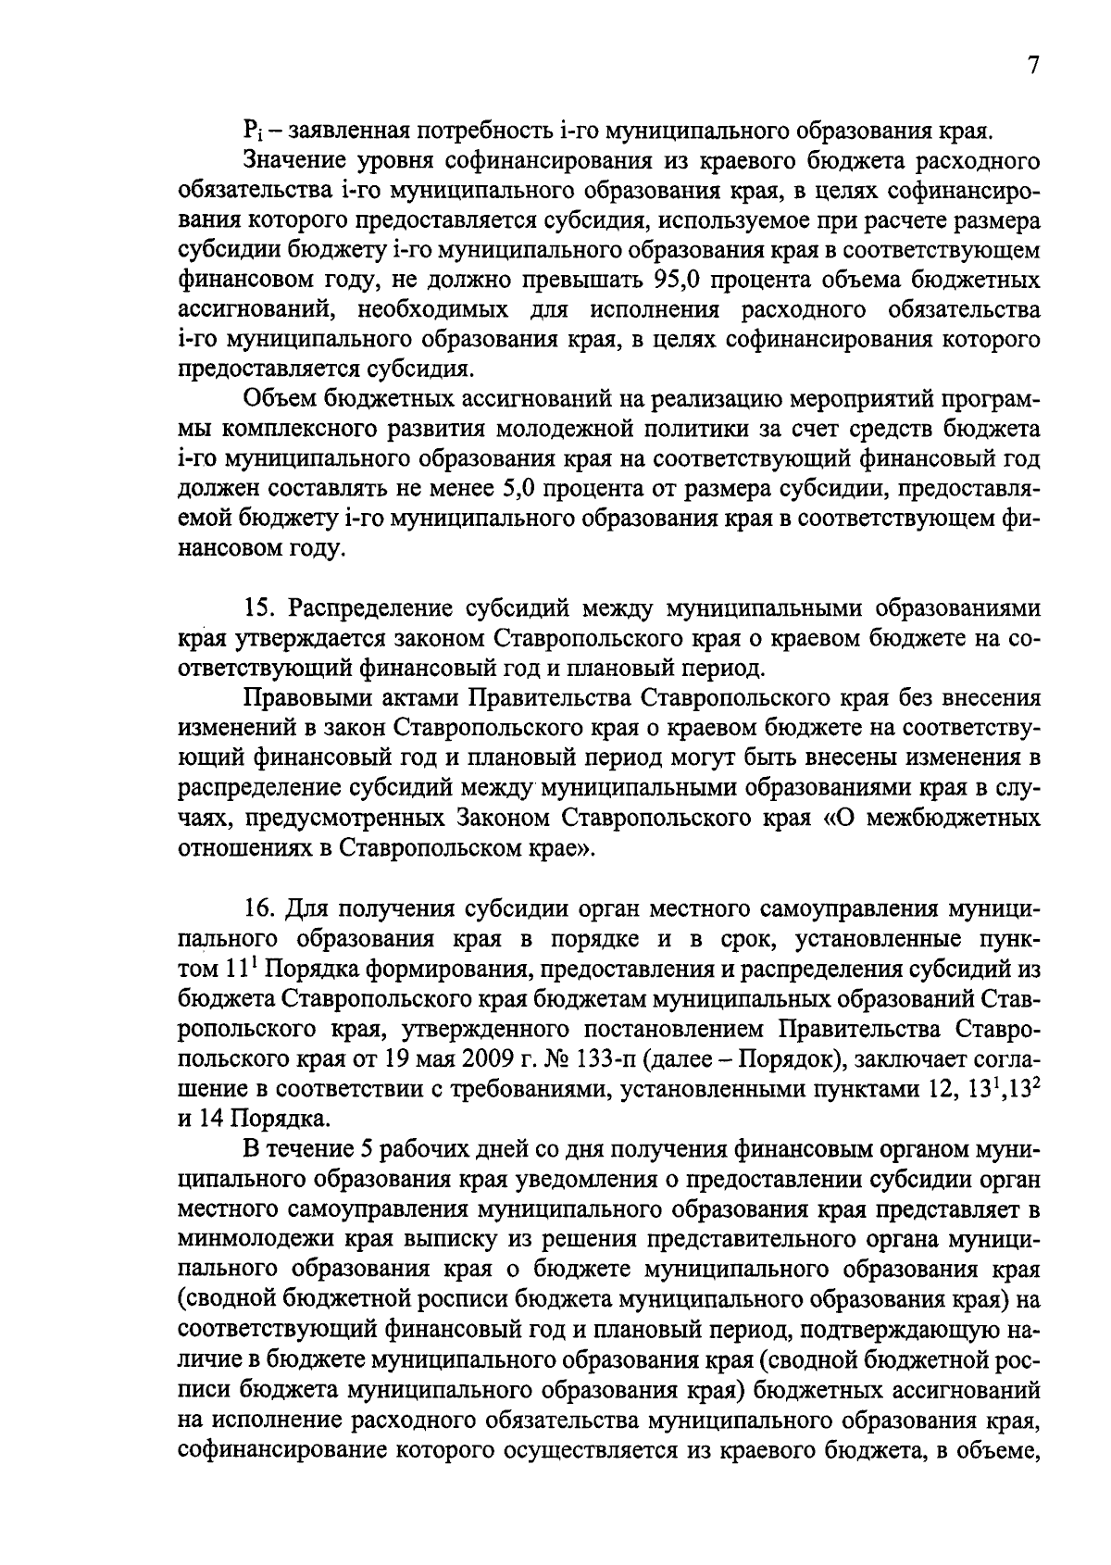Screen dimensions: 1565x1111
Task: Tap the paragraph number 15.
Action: coord(259,609)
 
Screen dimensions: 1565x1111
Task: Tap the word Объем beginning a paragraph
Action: coord(278,400)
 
